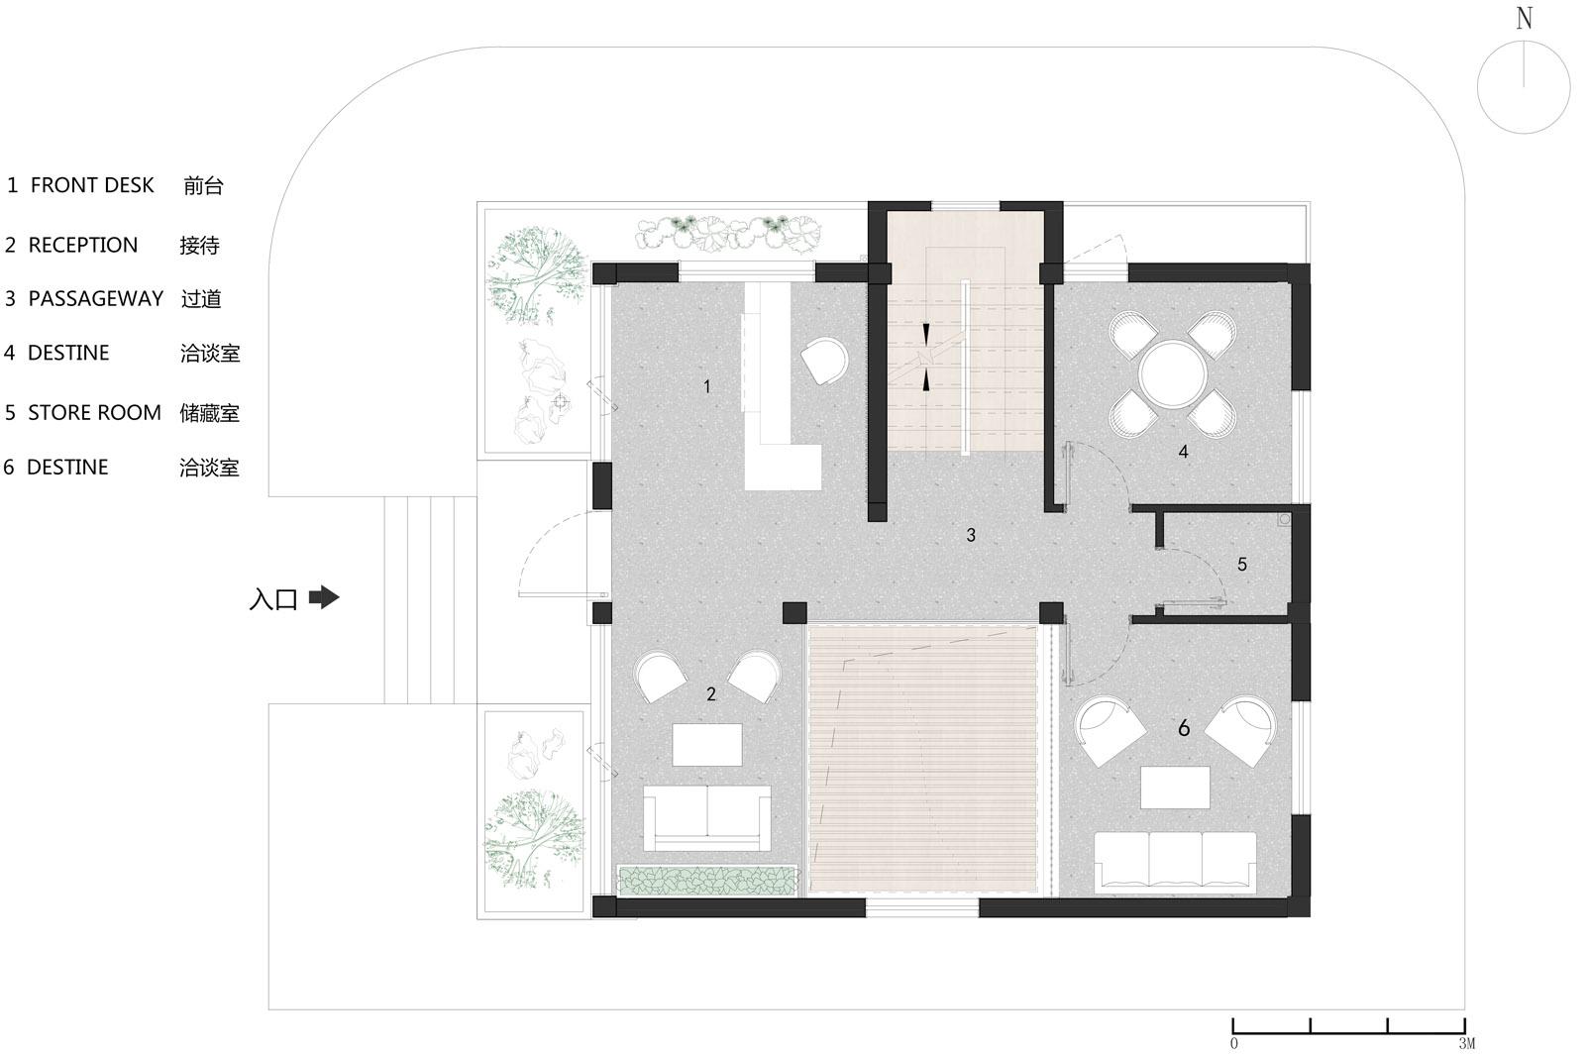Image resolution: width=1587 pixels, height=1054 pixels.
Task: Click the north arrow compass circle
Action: click(x=1524, y=41)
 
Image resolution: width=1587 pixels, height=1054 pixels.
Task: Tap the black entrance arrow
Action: click(x=325, y=597)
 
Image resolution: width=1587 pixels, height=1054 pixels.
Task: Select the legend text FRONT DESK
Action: click(x=92, y=185)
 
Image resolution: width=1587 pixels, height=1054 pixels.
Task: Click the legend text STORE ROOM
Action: click(x=94, y=413)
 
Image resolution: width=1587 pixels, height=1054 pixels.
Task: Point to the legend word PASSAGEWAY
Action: click(x=96, y=299)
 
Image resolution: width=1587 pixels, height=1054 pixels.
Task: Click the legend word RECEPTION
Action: click(x=83, y=245)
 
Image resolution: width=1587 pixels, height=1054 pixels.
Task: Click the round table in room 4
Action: click(x=1173, y=374)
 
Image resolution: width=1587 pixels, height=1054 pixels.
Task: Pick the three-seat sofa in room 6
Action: click(x=1175, y=862)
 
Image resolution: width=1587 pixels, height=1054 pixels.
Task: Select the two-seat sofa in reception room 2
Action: click(x=707, y=817)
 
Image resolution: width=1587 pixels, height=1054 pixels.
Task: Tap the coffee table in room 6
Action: click(x=1175, y=787)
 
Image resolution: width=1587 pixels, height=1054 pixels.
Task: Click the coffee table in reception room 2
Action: click(x=707, y=744)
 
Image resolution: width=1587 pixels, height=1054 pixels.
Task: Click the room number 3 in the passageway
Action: click(x=971, y=535)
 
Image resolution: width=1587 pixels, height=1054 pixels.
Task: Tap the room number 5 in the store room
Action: click(x=1242, y=564)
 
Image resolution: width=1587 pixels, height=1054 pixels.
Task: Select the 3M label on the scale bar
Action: click(x=1466, y=1043)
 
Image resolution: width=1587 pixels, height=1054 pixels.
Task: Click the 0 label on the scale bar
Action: click(x=1234, y=1043)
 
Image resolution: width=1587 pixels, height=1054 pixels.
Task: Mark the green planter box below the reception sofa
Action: click(x=707, y=881)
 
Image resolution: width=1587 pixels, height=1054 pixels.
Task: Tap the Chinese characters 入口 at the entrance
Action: click(x=273, y=599)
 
